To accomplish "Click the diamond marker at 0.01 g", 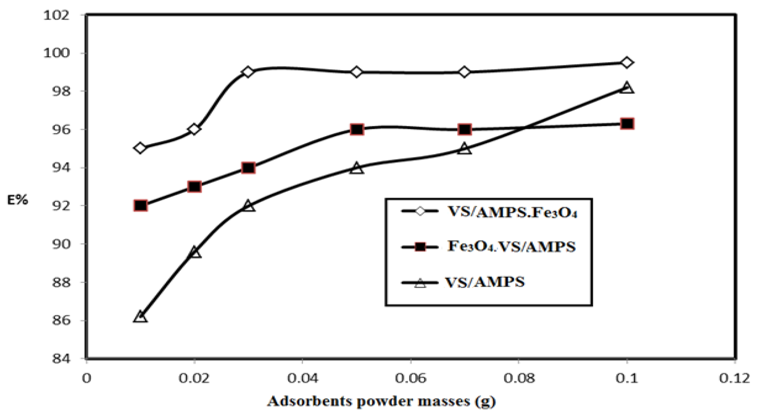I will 140,148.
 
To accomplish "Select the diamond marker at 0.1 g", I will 627,62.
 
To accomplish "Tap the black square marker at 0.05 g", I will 357,129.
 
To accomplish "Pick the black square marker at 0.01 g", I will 140,206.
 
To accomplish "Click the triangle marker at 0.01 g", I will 140,317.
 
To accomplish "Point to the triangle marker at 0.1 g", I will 627,88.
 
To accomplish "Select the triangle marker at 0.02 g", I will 194,253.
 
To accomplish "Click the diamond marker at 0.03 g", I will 248,72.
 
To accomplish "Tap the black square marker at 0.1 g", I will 627,124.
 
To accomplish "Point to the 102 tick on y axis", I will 56,16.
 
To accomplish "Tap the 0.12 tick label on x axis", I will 734,378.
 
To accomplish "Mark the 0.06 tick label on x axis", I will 411,378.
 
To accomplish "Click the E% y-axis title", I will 18,200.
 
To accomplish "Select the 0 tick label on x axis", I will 86,378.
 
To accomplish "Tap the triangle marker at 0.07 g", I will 464,149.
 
